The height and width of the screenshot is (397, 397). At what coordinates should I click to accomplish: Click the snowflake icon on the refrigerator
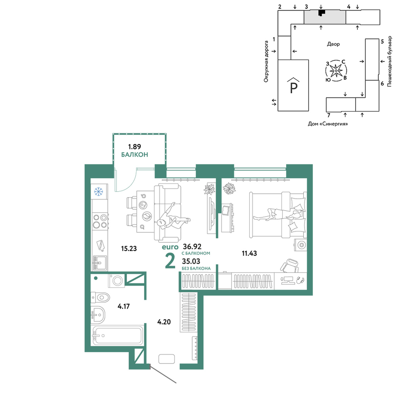tap(98, 191)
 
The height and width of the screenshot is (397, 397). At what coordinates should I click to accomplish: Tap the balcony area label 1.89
tap(135, 146)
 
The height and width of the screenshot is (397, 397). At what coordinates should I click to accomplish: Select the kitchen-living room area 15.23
tap(129, 249)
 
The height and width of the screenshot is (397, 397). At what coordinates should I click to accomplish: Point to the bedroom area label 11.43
tap(249, 253)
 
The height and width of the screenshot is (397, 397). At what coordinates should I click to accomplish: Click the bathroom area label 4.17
tap(123, 306)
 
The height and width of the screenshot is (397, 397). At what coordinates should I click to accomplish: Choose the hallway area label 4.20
tap(164, 322)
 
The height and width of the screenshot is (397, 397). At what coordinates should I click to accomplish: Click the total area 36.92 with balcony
tap(192, 247)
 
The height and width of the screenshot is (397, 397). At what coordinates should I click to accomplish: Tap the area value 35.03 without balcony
tap(191, 261)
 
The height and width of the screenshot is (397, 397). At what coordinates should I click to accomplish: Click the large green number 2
tap(170, 261)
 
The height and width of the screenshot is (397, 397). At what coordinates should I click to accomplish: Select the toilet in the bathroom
tap(100, 297)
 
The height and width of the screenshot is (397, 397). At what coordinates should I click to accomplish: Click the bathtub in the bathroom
tap(118, 335)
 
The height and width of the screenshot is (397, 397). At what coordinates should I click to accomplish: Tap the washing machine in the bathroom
tap(117, 281)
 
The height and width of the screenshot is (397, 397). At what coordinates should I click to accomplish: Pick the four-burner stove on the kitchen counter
tap(100, 221)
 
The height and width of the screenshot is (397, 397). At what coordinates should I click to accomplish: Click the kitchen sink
tap(100, 263)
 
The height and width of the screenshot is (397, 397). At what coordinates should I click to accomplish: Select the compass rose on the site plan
tap(336, 71)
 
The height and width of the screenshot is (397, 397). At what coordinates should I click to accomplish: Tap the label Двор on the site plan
tap(333, 44)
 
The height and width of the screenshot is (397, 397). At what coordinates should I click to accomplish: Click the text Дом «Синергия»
tap(328, 124)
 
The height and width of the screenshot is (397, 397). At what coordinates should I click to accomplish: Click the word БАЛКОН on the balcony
tap(135, 155)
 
